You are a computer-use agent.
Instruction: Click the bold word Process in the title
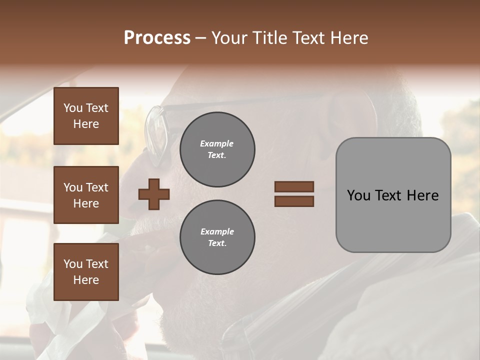point(157,38)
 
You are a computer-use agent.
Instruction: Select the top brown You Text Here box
point(86,116)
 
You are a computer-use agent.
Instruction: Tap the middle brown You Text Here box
point(86,195)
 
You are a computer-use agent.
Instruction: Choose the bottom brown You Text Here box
point(86,272)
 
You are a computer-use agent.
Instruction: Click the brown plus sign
point(154,194)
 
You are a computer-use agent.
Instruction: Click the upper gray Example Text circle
point(217,149)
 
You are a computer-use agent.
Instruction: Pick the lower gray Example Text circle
point(217,237)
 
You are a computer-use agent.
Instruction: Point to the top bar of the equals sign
point(294,186)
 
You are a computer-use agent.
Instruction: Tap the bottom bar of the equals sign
point(294,201)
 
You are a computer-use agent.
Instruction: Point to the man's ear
point(350,117)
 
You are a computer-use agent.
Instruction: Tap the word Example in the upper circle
point(217,143)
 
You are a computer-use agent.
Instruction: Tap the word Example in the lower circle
point(217,231)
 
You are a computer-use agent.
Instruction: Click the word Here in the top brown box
point(86,124)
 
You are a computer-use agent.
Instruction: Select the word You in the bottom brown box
point(73,264)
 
